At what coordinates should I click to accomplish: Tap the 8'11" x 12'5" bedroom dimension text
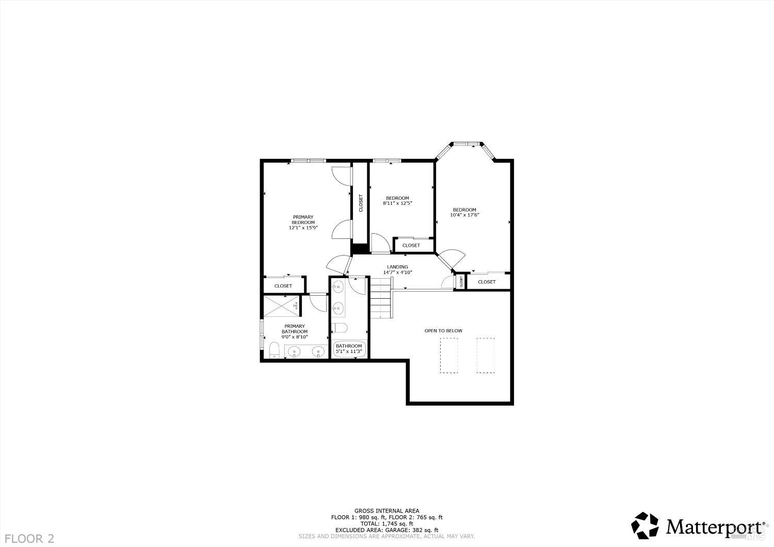point(397,203)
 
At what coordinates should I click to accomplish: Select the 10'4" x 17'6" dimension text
point(464,215)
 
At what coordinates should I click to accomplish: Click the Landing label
point(397,267)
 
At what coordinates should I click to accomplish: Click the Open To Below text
point(443,331)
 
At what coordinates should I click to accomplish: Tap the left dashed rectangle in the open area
point(449,356)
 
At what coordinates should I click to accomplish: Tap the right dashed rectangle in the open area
point(486,356)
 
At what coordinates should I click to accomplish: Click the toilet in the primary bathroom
point(275,351)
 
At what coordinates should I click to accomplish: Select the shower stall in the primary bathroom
point(282,307)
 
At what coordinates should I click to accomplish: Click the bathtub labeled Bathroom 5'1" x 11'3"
point(349,349)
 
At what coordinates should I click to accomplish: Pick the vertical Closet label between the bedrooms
point(361,202)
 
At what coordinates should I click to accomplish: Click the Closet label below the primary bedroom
point(283,286)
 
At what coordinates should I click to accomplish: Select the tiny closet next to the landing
point(461,282)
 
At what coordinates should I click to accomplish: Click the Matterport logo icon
point(646,525)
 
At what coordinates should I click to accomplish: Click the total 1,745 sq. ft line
point(386,523)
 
